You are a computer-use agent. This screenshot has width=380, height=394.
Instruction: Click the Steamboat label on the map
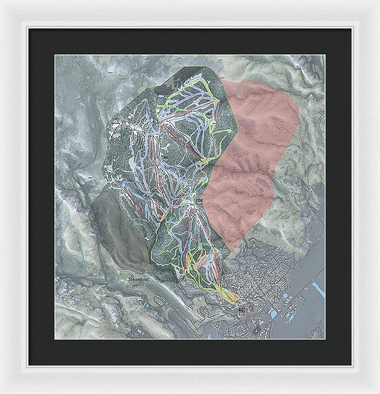(137, 279)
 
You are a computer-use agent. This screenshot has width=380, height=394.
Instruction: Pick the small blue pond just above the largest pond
(286, 295)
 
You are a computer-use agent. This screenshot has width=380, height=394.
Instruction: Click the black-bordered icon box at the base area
(241, 310)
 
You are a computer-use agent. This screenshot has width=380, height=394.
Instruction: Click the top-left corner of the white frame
(2, 2)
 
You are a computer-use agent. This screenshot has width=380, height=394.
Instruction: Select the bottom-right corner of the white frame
(377, 391)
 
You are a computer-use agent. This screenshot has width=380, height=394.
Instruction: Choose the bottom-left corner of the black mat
(28, 365)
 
